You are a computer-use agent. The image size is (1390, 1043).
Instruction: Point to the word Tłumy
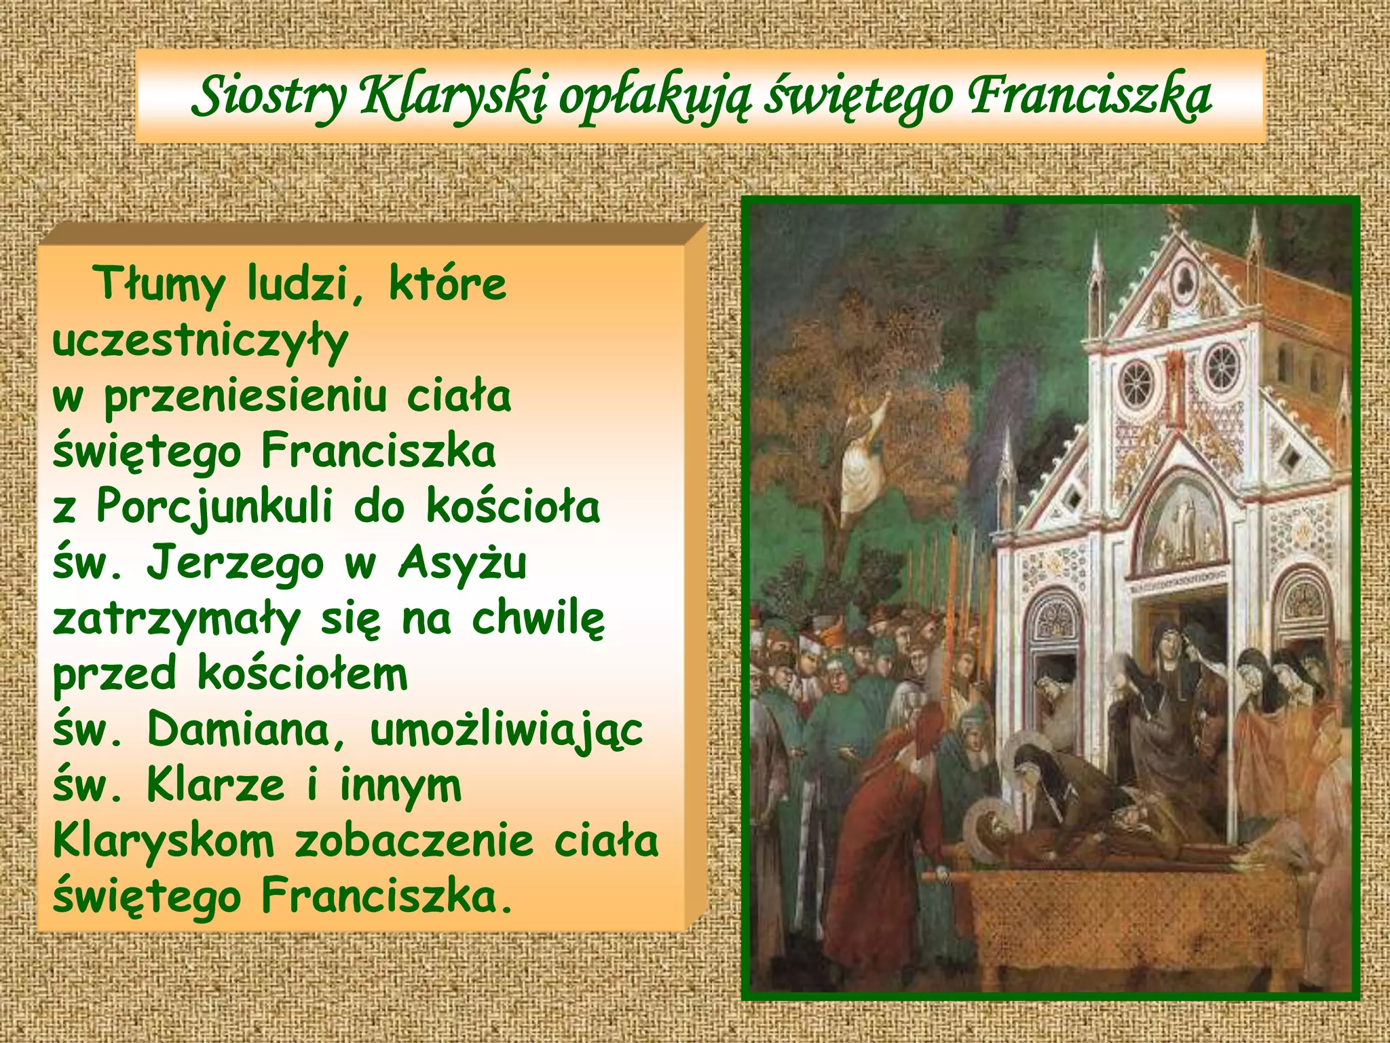coord(160,283)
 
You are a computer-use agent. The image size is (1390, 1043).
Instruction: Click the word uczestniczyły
coord(200,341)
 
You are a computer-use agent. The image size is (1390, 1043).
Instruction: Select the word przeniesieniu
coord(245,397)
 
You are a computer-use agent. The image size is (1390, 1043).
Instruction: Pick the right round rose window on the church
coord(1222,366)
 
